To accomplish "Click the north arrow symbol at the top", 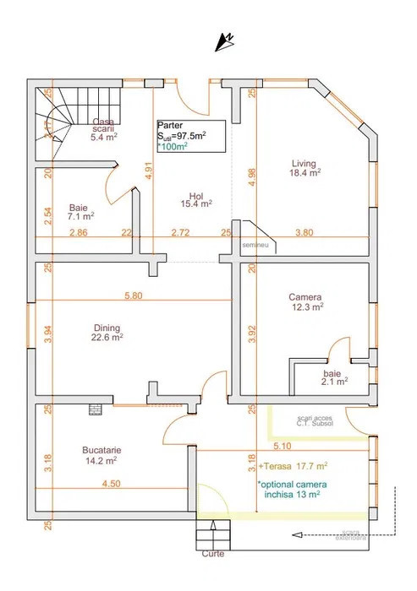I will pyautogui.click(x=225, y=40).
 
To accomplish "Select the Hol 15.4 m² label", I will pyautogui.click(x=195, y=198).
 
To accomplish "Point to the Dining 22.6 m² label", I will pyautogui.click(x=107, y=333).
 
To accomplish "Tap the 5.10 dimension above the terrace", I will pyautogui.click(x=283, y=445).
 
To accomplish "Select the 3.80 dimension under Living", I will pyautogui.click(x=303, y=232).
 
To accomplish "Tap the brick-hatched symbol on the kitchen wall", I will pyautogui.click(x=95, y=409).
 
